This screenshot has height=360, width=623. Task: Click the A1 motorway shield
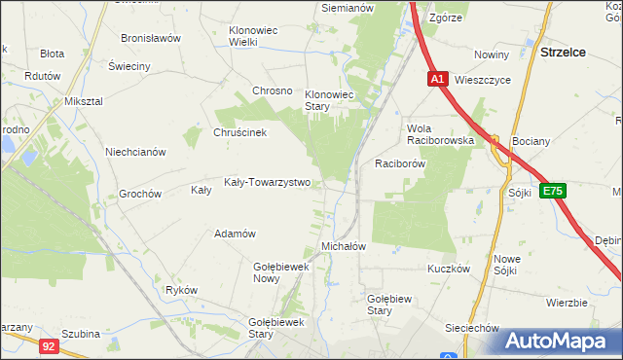click(x=437, y=80)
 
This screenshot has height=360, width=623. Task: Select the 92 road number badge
click(x=50, y=344)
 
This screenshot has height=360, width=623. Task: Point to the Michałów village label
click(x=343, y=246)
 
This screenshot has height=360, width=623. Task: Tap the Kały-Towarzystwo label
click(x=267, y=182)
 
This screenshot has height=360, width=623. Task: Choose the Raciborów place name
click(x=400, y=163)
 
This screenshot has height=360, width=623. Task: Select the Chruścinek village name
click(x=239, y=133)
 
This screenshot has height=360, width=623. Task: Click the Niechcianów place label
click(x=136, y=152)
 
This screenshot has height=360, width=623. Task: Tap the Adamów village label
click(x=235, y=234)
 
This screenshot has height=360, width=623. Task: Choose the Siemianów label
click(x=348, y=8)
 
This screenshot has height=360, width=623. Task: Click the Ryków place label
click(x=181, y=290)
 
